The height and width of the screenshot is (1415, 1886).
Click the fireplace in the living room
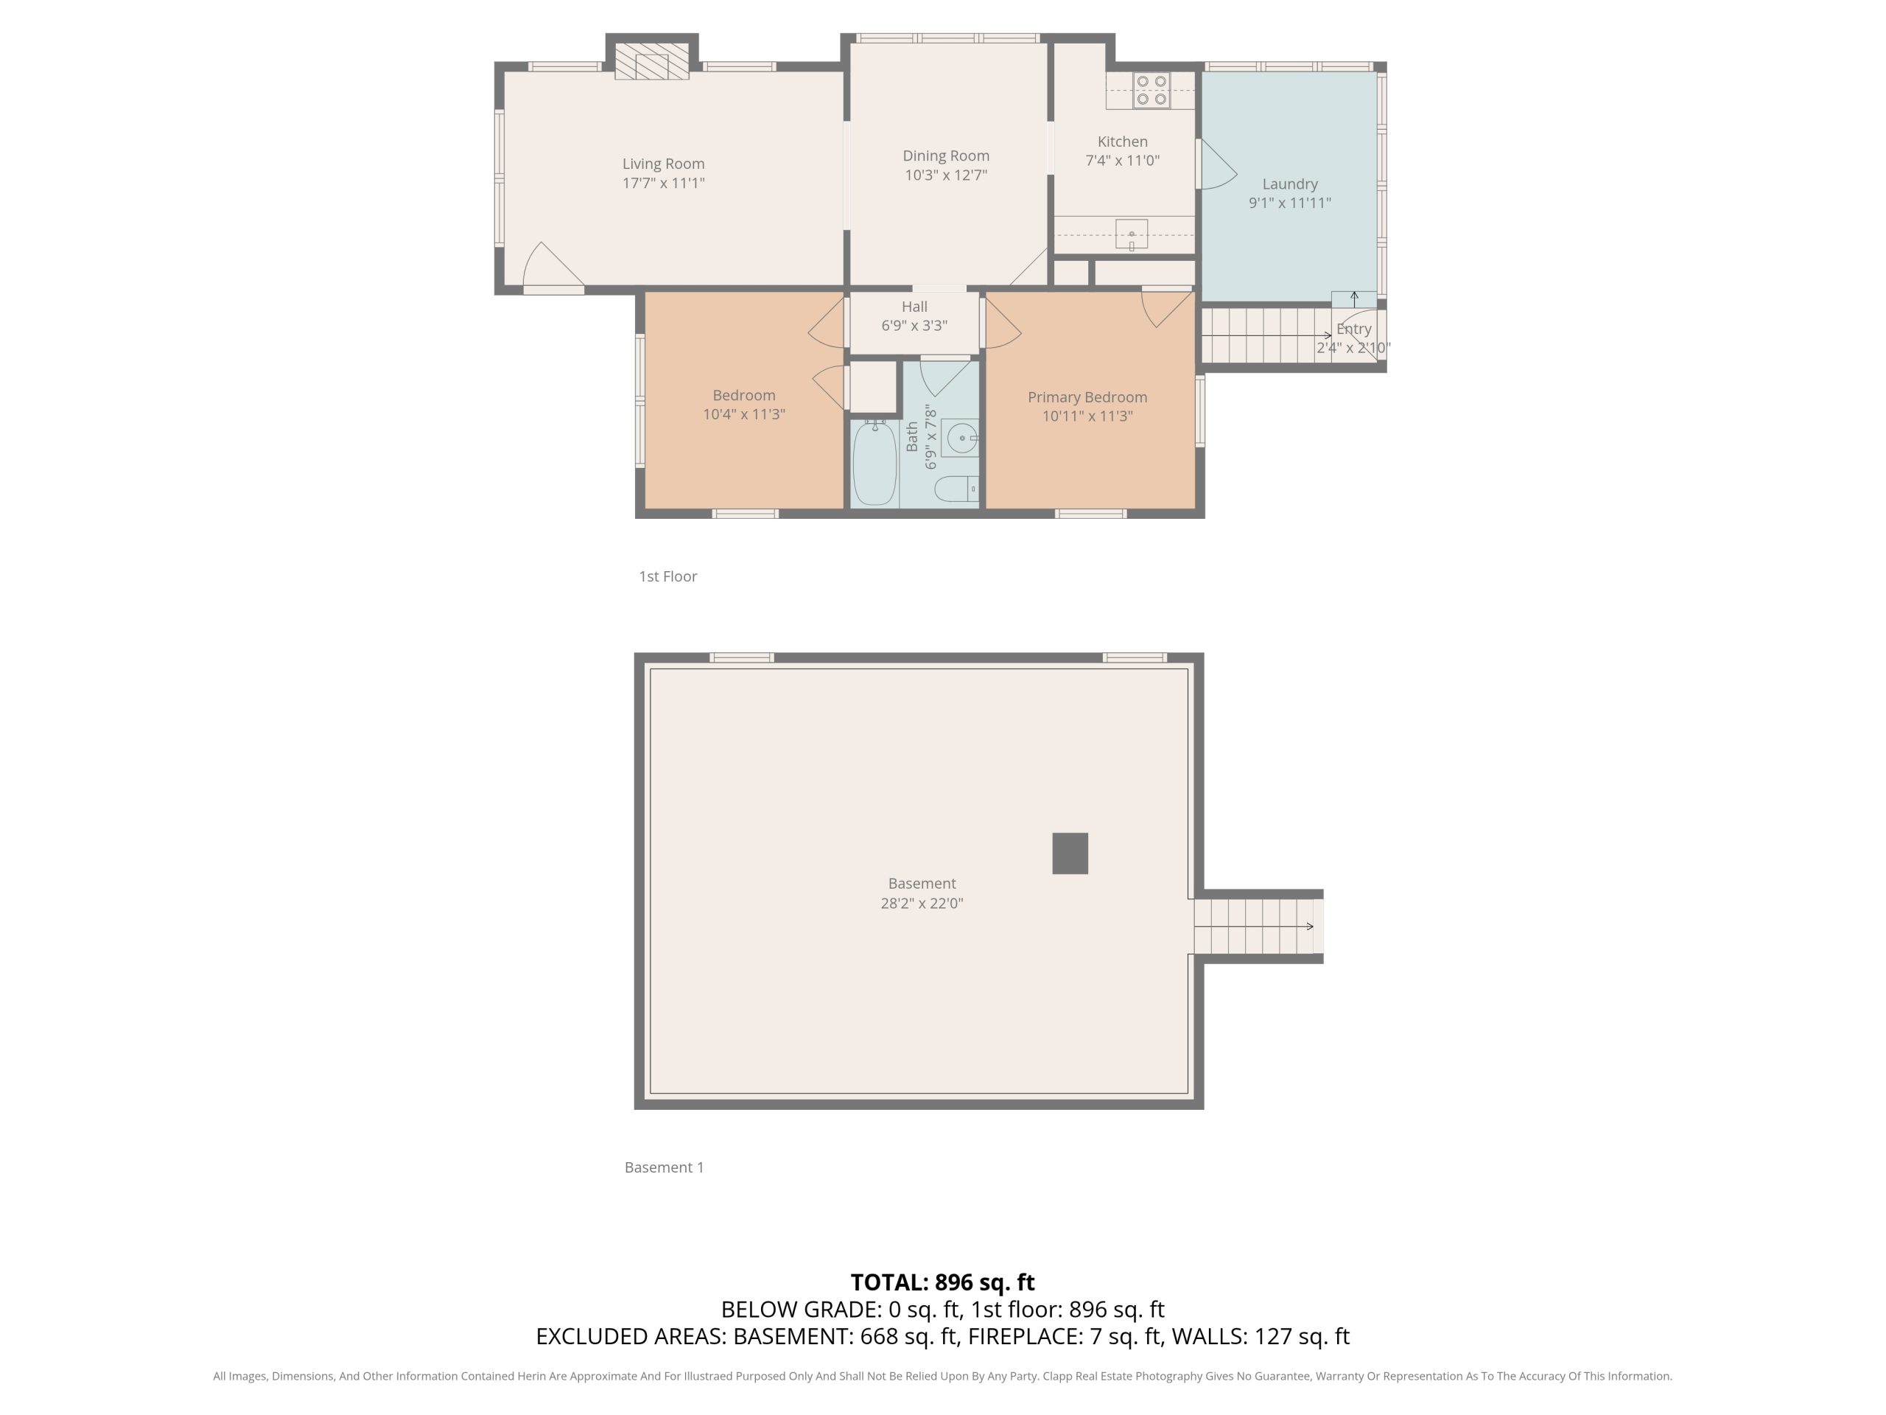[651, 61]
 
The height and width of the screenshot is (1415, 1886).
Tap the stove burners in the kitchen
[1152, 91]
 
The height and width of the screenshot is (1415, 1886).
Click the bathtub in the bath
[874, 463]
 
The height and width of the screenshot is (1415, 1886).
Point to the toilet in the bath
[956, 489]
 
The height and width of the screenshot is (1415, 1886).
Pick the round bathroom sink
[961, 439]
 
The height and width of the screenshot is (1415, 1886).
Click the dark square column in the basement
[1070, 853]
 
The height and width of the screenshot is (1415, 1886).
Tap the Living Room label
[663, 164]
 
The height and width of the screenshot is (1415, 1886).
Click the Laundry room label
[1290, 184]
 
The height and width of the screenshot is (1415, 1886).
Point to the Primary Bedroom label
[1087, 397]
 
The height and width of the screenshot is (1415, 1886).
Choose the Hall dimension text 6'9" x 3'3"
[914, 326]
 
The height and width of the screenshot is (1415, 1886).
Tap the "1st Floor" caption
[667, 576]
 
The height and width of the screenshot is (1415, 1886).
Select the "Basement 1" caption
[665, 1167]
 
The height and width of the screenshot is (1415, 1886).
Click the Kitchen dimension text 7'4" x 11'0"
[1122, 161]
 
